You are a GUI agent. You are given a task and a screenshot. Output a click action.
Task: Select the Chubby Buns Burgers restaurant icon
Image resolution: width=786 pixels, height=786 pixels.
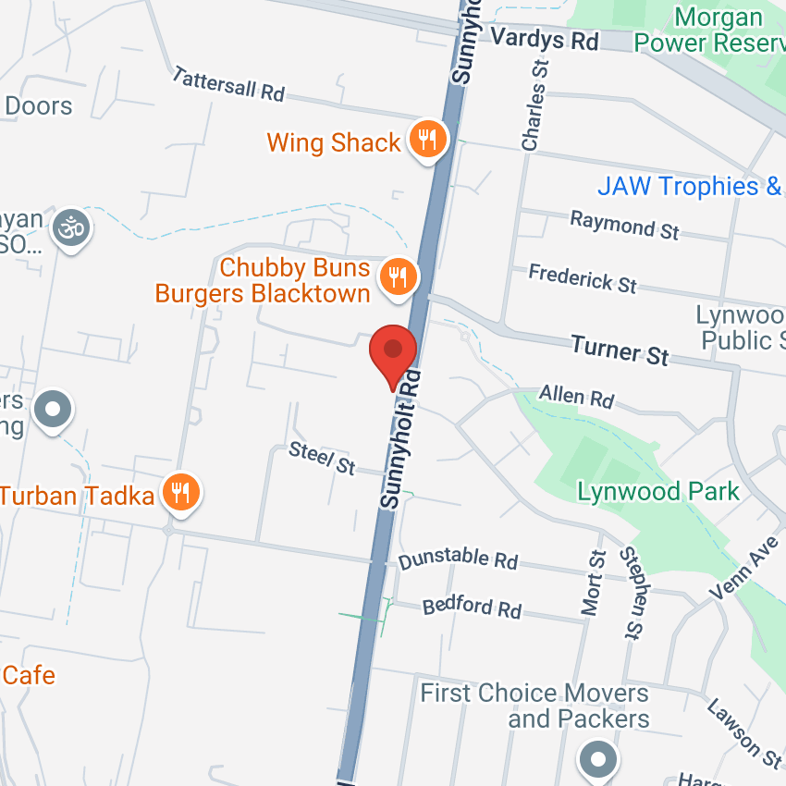point(399,276)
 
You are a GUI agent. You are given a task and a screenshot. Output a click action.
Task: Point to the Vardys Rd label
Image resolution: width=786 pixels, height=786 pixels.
point(546,40)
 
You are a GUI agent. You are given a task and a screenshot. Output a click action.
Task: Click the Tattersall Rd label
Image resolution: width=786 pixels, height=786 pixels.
point(228,84)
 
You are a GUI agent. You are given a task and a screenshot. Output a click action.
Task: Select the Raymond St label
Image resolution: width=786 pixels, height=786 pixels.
point(625,225)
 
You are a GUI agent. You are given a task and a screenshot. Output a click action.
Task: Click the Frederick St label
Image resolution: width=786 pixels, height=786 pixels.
point(583,277)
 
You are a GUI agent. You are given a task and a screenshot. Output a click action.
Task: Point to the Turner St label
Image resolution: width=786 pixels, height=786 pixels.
point(620,350)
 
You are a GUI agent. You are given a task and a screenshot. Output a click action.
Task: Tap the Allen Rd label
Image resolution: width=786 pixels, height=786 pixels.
point(576,396)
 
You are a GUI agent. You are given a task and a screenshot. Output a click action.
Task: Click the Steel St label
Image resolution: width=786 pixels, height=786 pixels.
point(322,458)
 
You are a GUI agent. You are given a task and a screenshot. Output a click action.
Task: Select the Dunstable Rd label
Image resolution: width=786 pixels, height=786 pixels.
point(458,559)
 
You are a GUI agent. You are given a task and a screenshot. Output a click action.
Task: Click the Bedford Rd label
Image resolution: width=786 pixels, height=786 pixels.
point(472,607)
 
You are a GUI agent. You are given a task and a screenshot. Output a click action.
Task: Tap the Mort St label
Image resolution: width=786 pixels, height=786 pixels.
point(593,583)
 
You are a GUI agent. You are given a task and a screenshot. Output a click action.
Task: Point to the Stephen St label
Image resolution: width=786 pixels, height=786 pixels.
point(632,593)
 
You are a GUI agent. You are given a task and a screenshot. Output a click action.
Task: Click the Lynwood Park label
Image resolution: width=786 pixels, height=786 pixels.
point(658,491)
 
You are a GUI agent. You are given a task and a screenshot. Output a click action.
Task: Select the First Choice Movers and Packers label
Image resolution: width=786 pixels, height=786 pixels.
point(534,705)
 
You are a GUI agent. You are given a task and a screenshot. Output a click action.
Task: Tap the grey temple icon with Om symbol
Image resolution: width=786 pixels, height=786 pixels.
point(72,227)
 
